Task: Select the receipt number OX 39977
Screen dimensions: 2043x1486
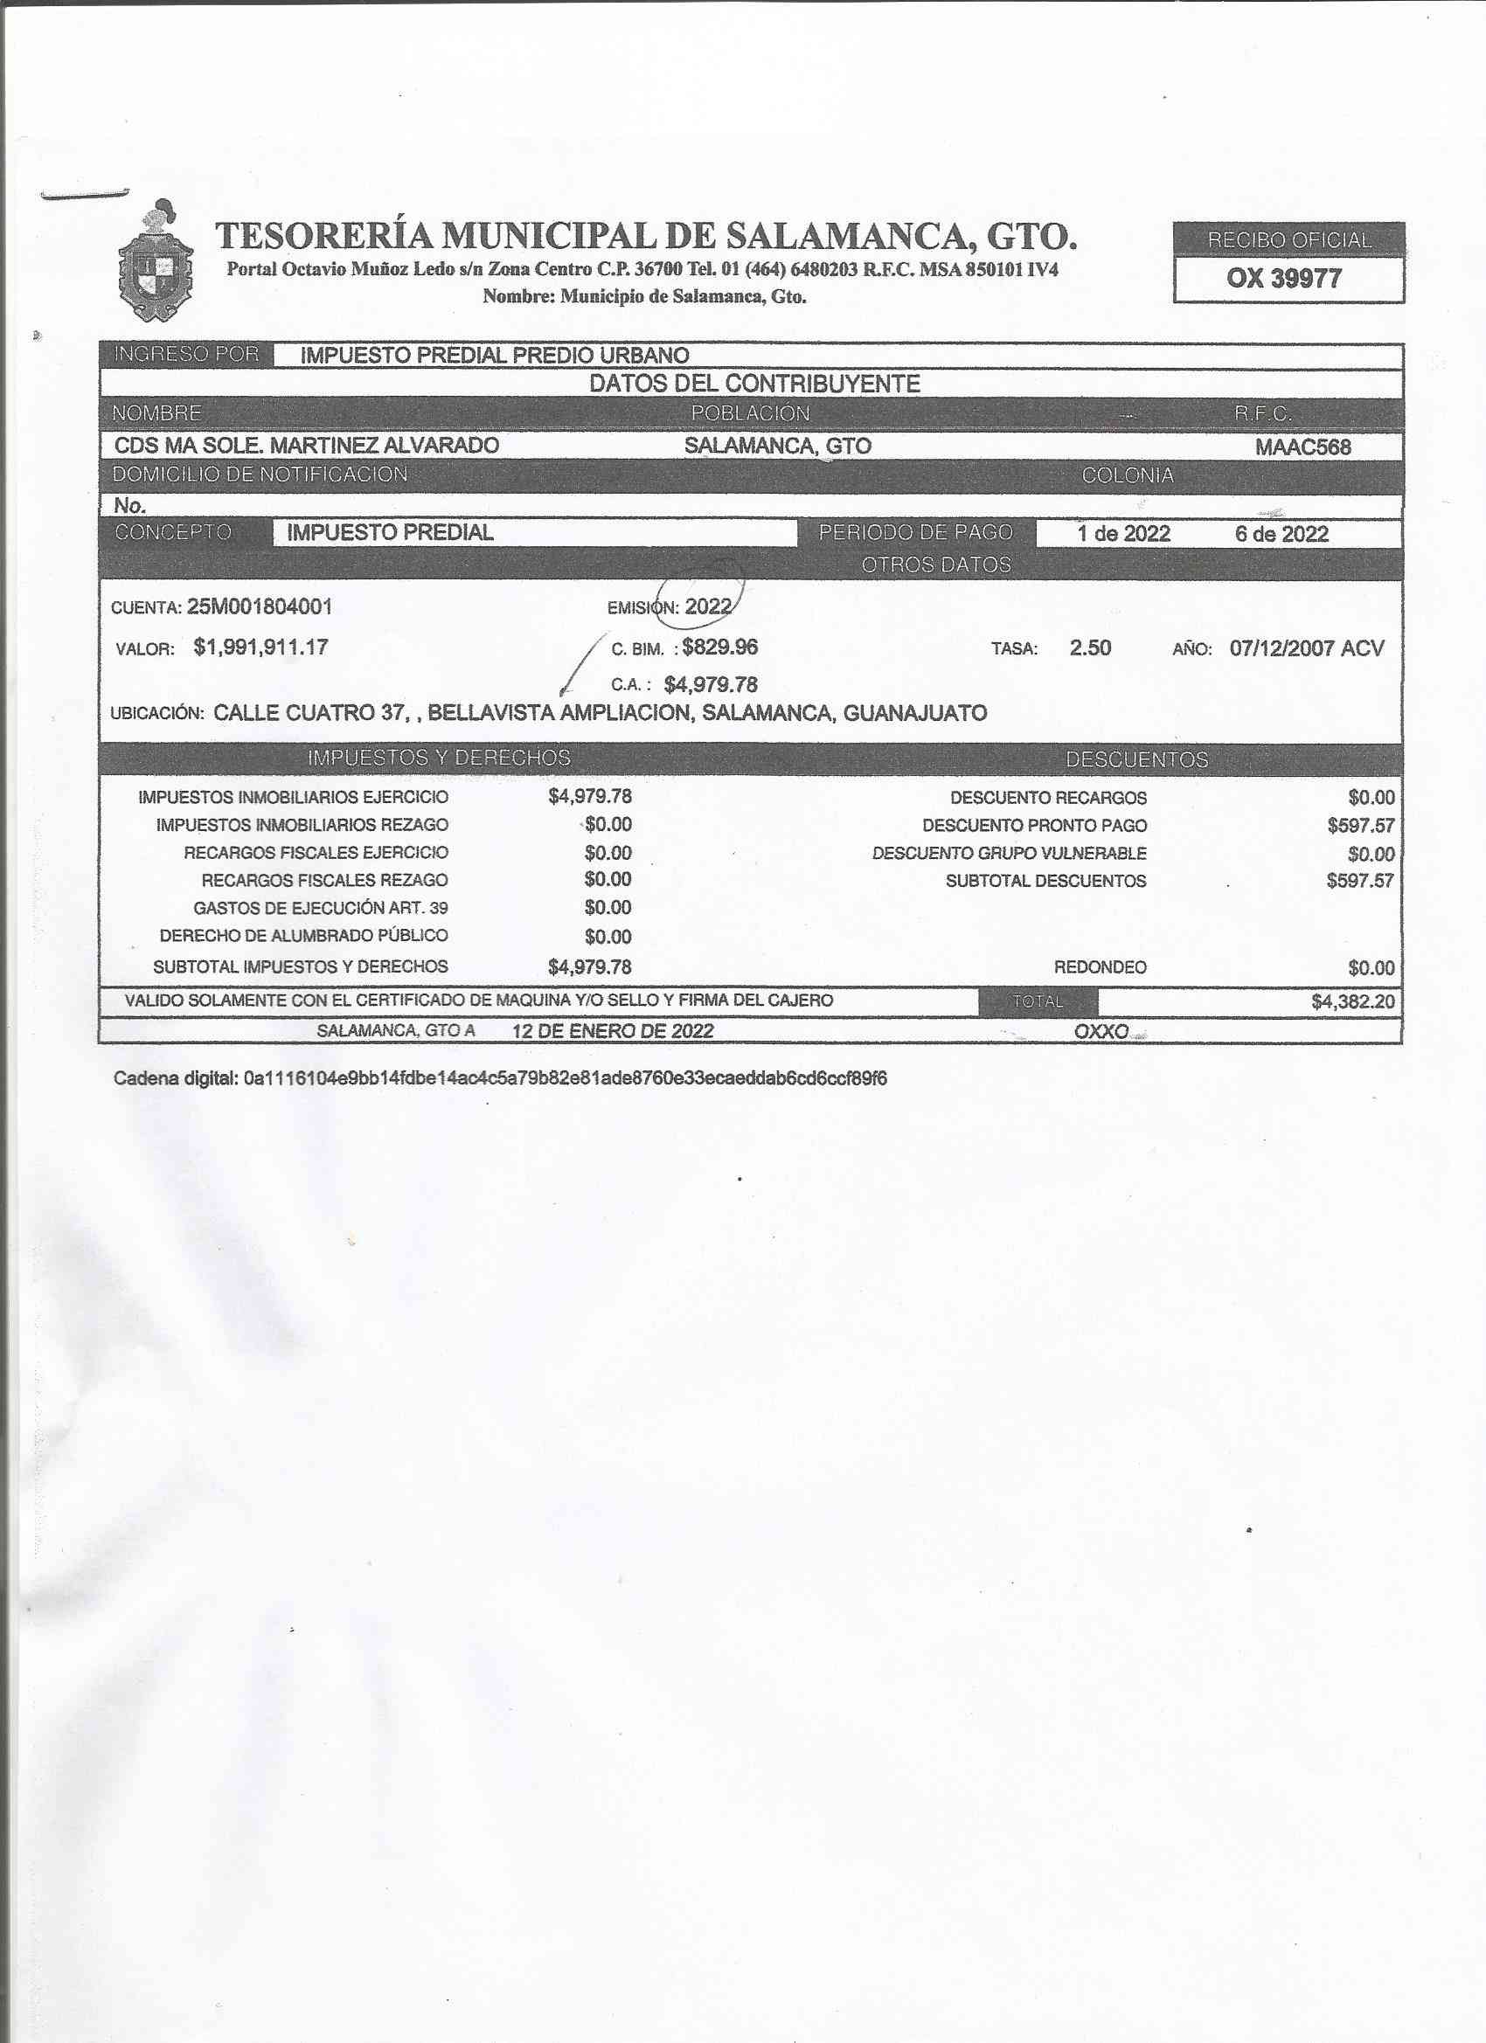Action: click(1283, 279)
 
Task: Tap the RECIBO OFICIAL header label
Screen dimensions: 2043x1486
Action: click(1288, 240)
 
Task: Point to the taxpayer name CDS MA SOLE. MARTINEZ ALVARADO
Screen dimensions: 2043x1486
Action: click(307, 445)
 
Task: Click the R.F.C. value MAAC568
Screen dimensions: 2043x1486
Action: click(1302, 447)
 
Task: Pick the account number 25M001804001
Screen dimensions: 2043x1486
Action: click(260, 607)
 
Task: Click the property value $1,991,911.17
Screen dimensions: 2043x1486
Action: click(260, 647)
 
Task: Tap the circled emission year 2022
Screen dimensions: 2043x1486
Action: click(707, 606)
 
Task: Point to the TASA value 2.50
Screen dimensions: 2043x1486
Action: click(1089, 648)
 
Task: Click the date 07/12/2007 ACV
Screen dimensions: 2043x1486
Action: click(1306, 648)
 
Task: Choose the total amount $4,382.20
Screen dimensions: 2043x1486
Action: click(1352, 1001)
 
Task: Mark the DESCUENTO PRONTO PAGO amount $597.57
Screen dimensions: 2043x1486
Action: click(1360, 825)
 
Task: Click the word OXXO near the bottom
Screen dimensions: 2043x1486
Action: click(1101, 1031)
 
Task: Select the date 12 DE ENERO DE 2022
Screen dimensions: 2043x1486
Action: click(613, 1031)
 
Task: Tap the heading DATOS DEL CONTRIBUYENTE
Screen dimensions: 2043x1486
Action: click(754, 384)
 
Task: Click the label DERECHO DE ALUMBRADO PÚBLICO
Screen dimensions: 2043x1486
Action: click(303, 936)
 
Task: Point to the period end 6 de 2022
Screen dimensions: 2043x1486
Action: click(1281, 534)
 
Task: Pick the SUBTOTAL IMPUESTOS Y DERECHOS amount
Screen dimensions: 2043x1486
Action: click(589, 967)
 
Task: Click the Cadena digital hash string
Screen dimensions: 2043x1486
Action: click(565, 1078)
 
